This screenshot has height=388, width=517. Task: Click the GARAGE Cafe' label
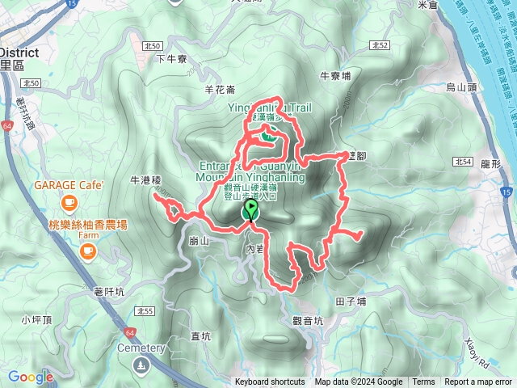coord(69,185)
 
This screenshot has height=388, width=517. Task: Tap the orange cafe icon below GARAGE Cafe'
coord(69,200)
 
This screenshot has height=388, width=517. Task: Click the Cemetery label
coord(141,348)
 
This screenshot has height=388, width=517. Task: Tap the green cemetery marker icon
coord(142,365)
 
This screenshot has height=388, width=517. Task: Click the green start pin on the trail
coord(251,211)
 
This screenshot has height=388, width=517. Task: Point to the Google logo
coord(31,377)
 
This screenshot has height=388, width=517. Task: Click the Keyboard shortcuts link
coord(270,382)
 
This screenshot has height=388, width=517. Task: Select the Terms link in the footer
coord(423,382)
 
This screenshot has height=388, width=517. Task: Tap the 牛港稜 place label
coord(146,180)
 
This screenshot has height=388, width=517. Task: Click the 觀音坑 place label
coord(307,321)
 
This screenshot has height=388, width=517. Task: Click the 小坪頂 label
coord(37,319)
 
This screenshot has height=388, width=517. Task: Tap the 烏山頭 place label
coord(462,86)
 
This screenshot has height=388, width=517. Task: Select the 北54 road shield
coord(463,162)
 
